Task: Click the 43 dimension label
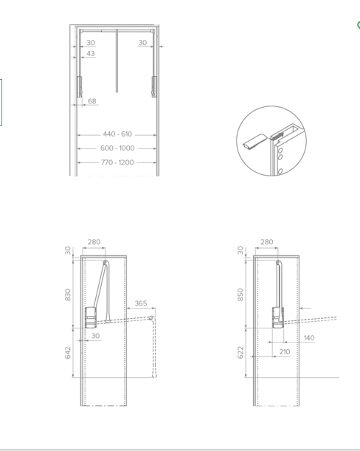tap(91, 53)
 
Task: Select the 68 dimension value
tap(92, 101)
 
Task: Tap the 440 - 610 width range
tap(117, 134)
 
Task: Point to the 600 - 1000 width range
tap(117, 148)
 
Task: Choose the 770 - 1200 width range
tap(117, 162)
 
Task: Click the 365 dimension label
tap(141, 303)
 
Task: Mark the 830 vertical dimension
tap(68, 295)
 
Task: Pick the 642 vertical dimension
tap(68, 353)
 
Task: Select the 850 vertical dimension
tap(240, 295)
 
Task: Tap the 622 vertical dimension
tap(240, 353)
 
